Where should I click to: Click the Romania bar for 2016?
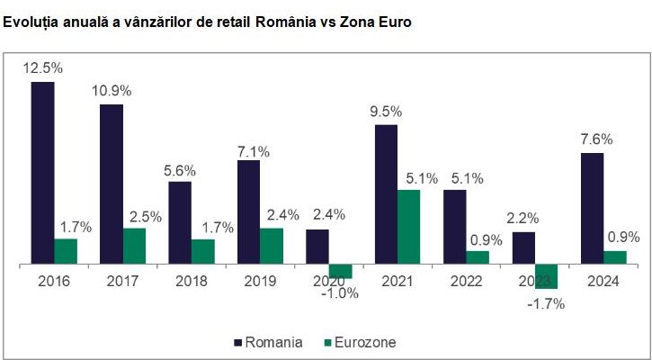(x=42, y=173)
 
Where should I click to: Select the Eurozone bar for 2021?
(x=409, y=227)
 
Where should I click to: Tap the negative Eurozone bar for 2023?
(x=547, y=276)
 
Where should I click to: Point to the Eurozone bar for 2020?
(x=340, y=271)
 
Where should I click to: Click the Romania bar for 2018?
(x=180, y=223)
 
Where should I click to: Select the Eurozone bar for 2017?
(x=134, y=247)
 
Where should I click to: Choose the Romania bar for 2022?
(x=455, y=227)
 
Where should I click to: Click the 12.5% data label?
(x=42, y=67)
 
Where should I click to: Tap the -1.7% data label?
(x=545, y=303)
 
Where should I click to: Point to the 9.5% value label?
(x=385, y=112)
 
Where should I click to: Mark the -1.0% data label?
(x=340, y=292)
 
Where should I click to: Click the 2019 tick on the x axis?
(x=259, y=281)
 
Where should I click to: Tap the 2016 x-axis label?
(x=54, y=281)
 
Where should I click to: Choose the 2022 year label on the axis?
(x=465, y=281)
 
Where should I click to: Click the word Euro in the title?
(x=394, y=22)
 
